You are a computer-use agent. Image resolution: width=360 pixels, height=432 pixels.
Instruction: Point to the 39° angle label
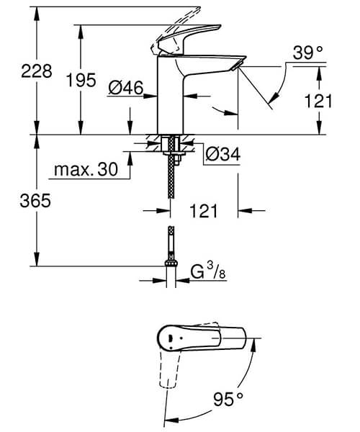tap(307, 52)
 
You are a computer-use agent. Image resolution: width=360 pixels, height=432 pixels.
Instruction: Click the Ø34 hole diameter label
tap(220, 153)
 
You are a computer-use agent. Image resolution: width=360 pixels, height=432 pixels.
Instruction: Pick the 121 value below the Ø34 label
tap(204, 211)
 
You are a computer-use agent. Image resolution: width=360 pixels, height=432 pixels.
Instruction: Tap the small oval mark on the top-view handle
tap(168, 337)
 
